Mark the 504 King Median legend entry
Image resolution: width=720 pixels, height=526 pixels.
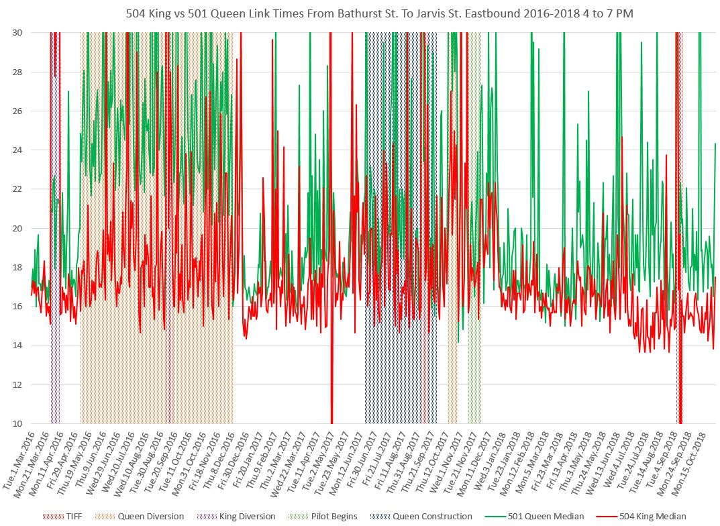(648, 516)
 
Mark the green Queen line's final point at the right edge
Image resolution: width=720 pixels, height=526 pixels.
(716, 144)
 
